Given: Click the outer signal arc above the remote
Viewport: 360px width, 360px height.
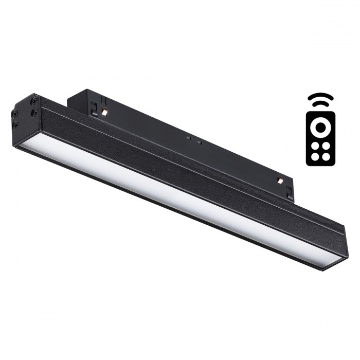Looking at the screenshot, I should pos(320,96).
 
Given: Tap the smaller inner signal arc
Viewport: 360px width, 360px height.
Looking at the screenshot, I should pos(320,103).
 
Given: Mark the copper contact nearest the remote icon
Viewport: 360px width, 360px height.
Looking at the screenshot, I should pos(280,181).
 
